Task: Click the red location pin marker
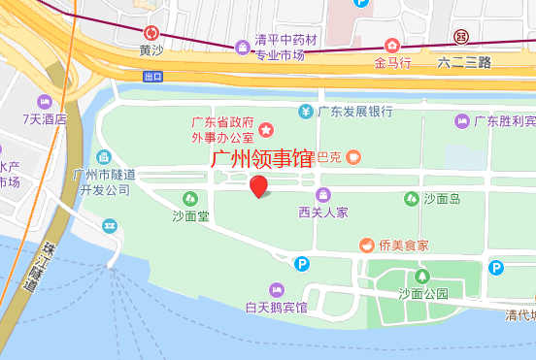pos(259,185)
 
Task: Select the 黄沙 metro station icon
pos(151,32)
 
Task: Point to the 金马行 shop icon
pos(391,46)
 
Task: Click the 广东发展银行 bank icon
pos(305,111)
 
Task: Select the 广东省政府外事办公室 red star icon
pos(264,130)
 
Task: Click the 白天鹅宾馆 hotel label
pos(276,308)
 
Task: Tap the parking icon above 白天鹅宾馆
pos(302,262)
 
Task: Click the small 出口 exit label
pos(152,76)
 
